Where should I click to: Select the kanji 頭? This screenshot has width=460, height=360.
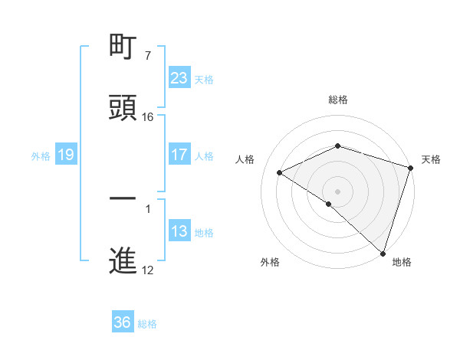coord(123,108)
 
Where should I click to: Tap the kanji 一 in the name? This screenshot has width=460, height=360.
coord(123,198)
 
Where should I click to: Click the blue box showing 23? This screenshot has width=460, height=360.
coord(179,78)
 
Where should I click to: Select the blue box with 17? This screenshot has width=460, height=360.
coord(179,155)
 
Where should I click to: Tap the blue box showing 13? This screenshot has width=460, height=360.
coord(179,232)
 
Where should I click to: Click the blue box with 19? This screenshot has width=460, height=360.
coord(66,155)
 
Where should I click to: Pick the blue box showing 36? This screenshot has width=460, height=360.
coord(123,322)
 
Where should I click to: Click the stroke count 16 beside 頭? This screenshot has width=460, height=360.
coord(148,117)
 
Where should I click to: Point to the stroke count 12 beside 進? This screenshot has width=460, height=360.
coord(148,270)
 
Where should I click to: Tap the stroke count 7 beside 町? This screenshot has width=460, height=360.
coord(147,56)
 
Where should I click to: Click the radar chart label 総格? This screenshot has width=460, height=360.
coord(338,100)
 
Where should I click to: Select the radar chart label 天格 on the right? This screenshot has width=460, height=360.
coord(431,159)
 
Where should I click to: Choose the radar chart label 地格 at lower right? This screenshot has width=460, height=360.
coord(402,262)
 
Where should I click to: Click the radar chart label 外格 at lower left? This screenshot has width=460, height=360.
coord(270,262)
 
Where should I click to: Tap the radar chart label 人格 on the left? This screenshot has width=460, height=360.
coord(245,159)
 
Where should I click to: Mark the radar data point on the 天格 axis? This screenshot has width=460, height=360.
coord(411,167)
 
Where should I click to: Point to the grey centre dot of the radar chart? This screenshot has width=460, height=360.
coord(338,191)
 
